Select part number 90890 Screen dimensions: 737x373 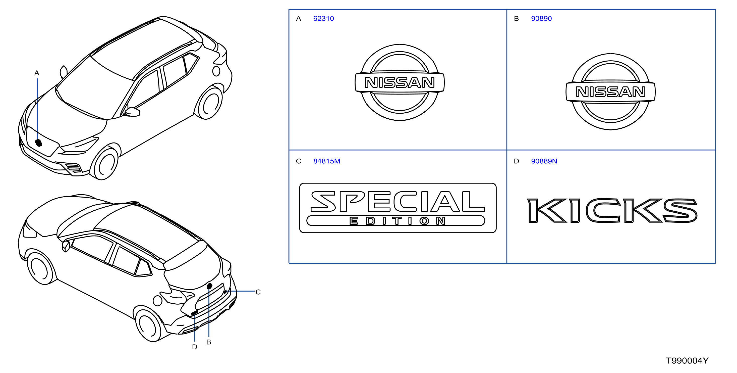541,19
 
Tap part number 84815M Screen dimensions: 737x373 326,161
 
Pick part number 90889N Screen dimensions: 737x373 544,161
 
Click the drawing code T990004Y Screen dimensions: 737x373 687,361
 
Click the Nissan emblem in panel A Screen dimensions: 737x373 400,82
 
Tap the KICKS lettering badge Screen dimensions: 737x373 612,211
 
